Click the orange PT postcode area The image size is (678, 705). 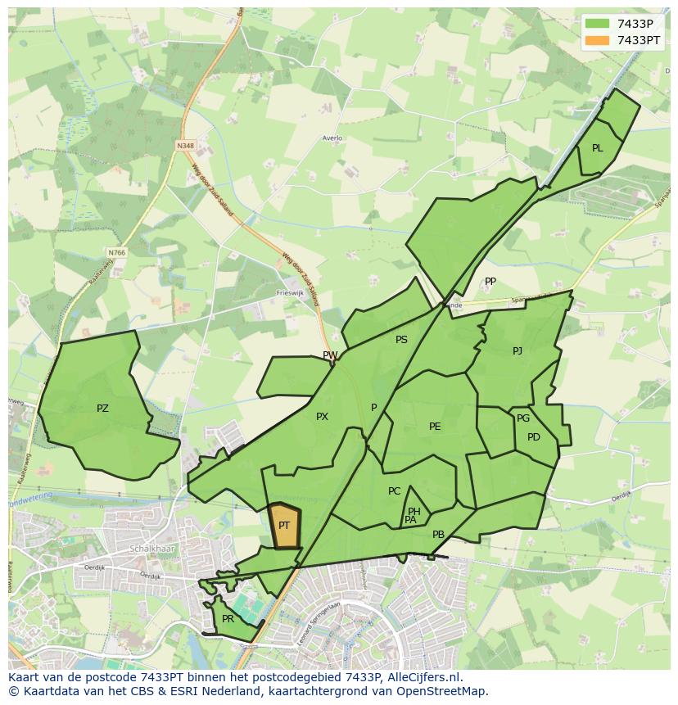click(284, 526)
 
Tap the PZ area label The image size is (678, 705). click(102, 409)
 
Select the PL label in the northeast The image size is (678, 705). click(597, 148)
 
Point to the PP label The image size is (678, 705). click(490, 282)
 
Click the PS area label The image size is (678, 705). click(401, 340)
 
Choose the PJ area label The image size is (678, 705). click(518, 351)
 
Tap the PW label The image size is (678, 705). click(330, 355)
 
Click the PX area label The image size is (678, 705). click(322, 417)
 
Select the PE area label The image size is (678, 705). click(435, 427)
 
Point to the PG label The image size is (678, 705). click(523, 418)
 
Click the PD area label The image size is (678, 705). click(534, 437)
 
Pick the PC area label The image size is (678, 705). click(395, 491)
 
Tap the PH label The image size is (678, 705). click(414, 512)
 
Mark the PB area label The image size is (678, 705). click(438, 535)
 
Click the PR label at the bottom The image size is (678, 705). click(228, 619)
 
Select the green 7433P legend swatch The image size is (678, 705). click(598, 24)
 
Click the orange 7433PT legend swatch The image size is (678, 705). click(598, 40)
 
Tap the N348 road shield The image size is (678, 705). click(185, 146)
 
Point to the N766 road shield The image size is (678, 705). click(116, 253)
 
